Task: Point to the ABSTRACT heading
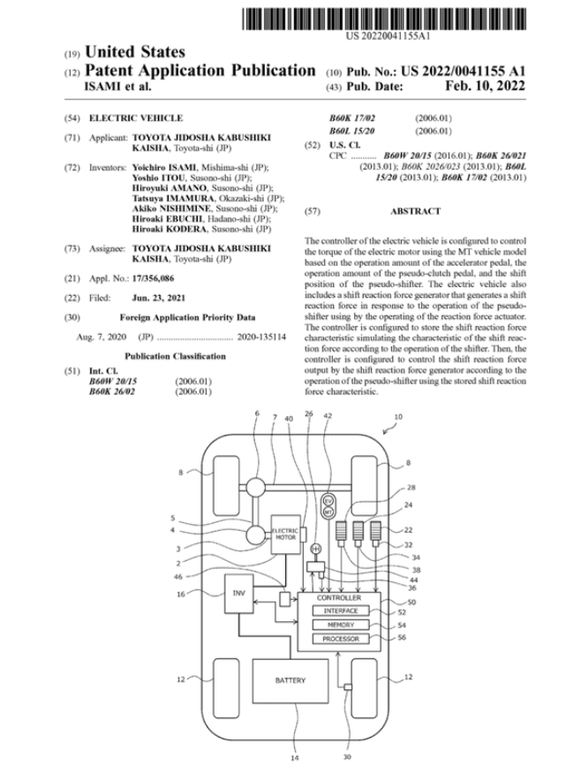414,212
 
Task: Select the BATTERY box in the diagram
290,681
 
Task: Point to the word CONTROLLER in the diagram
339,598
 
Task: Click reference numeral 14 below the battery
294,757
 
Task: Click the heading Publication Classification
175,356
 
